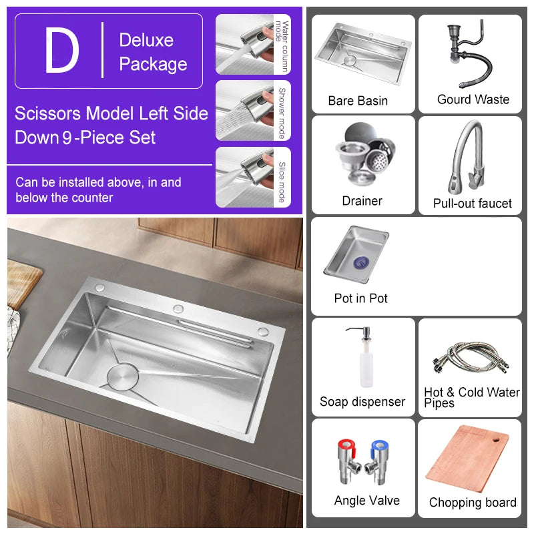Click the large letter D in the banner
[61, 51]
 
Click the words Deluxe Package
[153, 52]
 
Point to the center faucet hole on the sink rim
[178, 308]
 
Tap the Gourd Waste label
[473, 99]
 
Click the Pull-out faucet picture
[467, 157]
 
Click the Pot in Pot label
[360, 298]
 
